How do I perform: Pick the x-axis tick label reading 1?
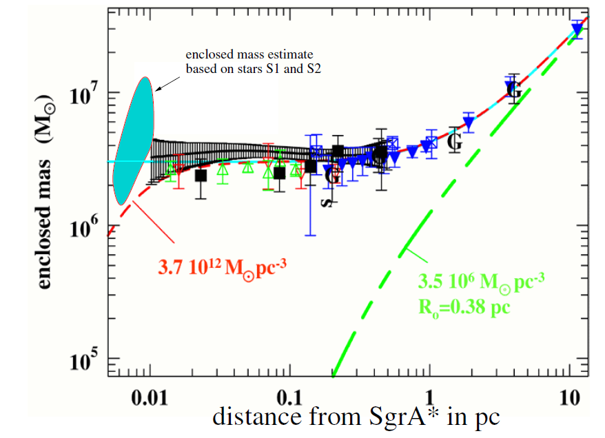click(x=429, y=397)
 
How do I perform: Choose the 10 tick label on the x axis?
click(x=569, y=397)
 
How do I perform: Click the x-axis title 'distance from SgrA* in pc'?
click(x=356, y=417)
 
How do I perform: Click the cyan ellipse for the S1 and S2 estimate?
click(x=133, y=141)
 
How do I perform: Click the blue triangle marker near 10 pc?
click(x=577, y=29)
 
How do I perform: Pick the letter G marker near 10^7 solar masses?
click(x=513, y=90)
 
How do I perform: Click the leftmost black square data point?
click(x=201, y=176)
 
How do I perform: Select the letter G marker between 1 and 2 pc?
click(x=454, y=142)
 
